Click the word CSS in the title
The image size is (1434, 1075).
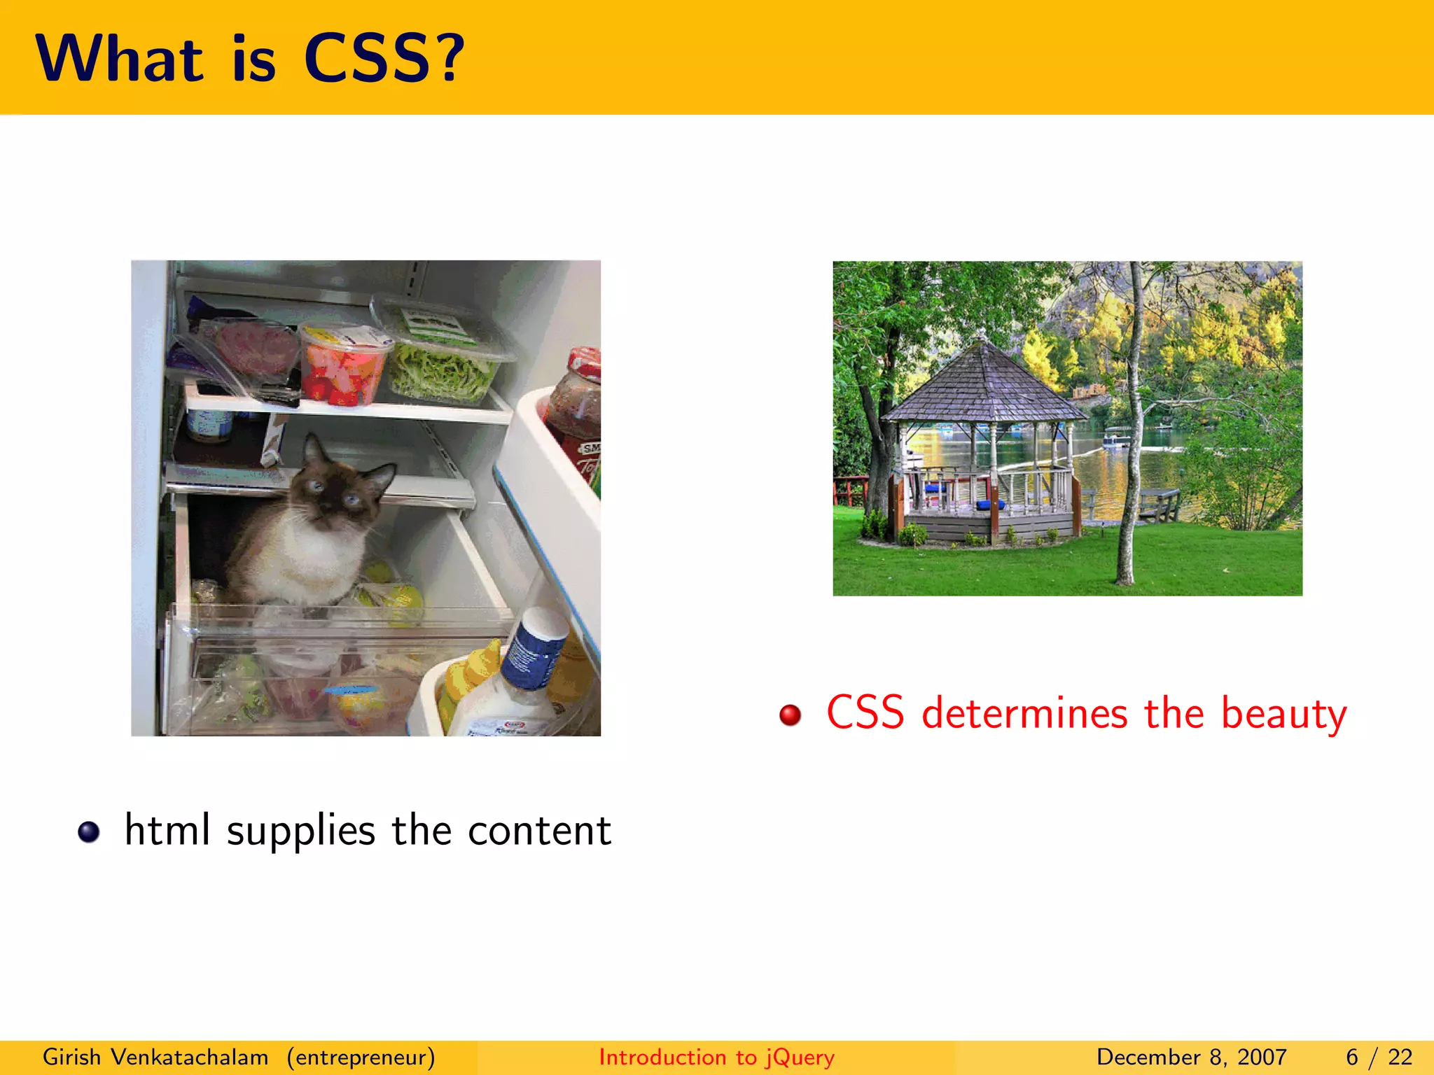tap(366, 59)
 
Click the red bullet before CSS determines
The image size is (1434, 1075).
tap(791, 715)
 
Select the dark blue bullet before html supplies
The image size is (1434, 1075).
tap(89, 831)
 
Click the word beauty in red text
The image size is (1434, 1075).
tap(1283, 715)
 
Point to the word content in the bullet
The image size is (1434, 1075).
tap(539, 831)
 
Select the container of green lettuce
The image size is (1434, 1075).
tap(443, 364)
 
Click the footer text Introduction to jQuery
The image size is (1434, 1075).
tap(716, 1057)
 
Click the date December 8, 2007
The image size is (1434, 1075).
tap(1191, 1057)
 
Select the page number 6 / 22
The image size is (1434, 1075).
tap(1379, 1057)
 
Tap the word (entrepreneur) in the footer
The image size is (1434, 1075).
tap(361, 1057)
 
